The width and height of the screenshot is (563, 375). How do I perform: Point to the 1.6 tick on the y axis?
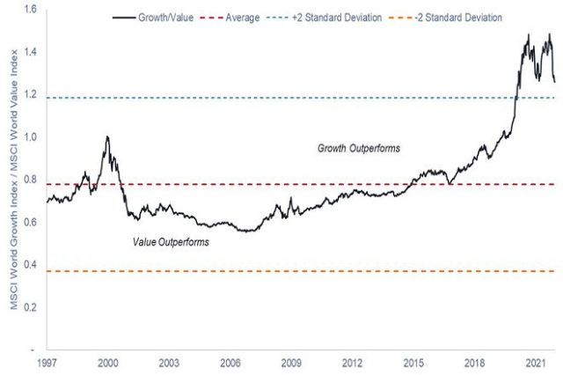click(x=30, y=10)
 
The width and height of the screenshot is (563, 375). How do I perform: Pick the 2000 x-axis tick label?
click(x=108, y=362)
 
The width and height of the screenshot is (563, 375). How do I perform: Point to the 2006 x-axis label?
click(x=230, y=362)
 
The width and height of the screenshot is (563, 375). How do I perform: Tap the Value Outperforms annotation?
click(x=171, y=241)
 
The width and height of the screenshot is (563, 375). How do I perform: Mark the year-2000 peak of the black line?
click(x=106, y=137)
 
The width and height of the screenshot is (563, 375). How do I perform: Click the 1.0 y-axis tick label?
click(x=30, y=137)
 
